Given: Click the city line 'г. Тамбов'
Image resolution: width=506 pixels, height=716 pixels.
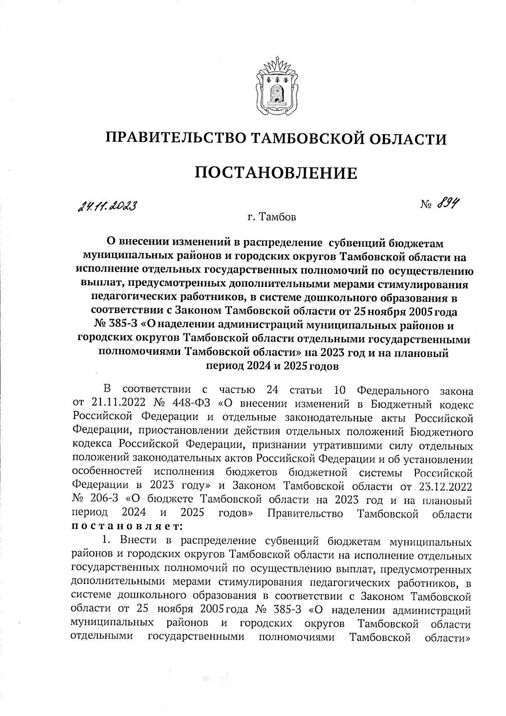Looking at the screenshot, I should click(272, 218).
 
